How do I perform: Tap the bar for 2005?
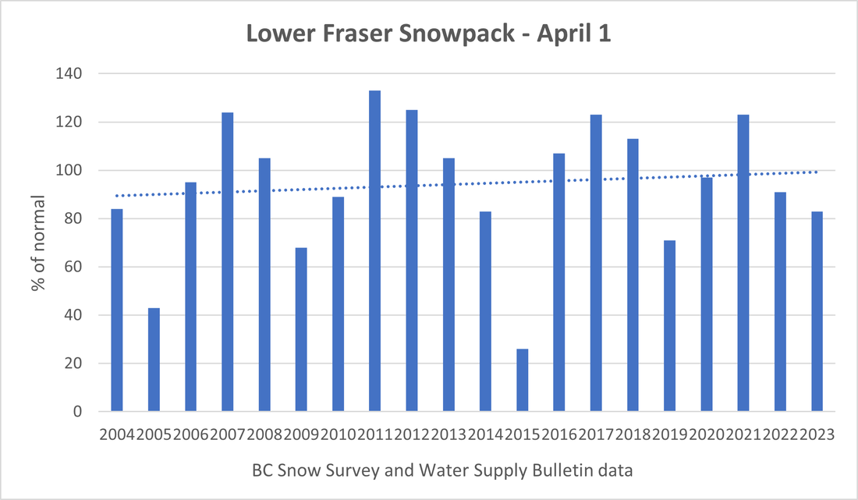point(154,360)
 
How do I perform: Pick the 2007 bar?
point(227,262)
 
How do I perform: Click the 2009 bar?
point(301,329)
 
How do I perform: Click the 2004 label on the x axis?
point(117,435)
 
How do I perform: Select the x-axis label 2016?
point(559,435)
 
